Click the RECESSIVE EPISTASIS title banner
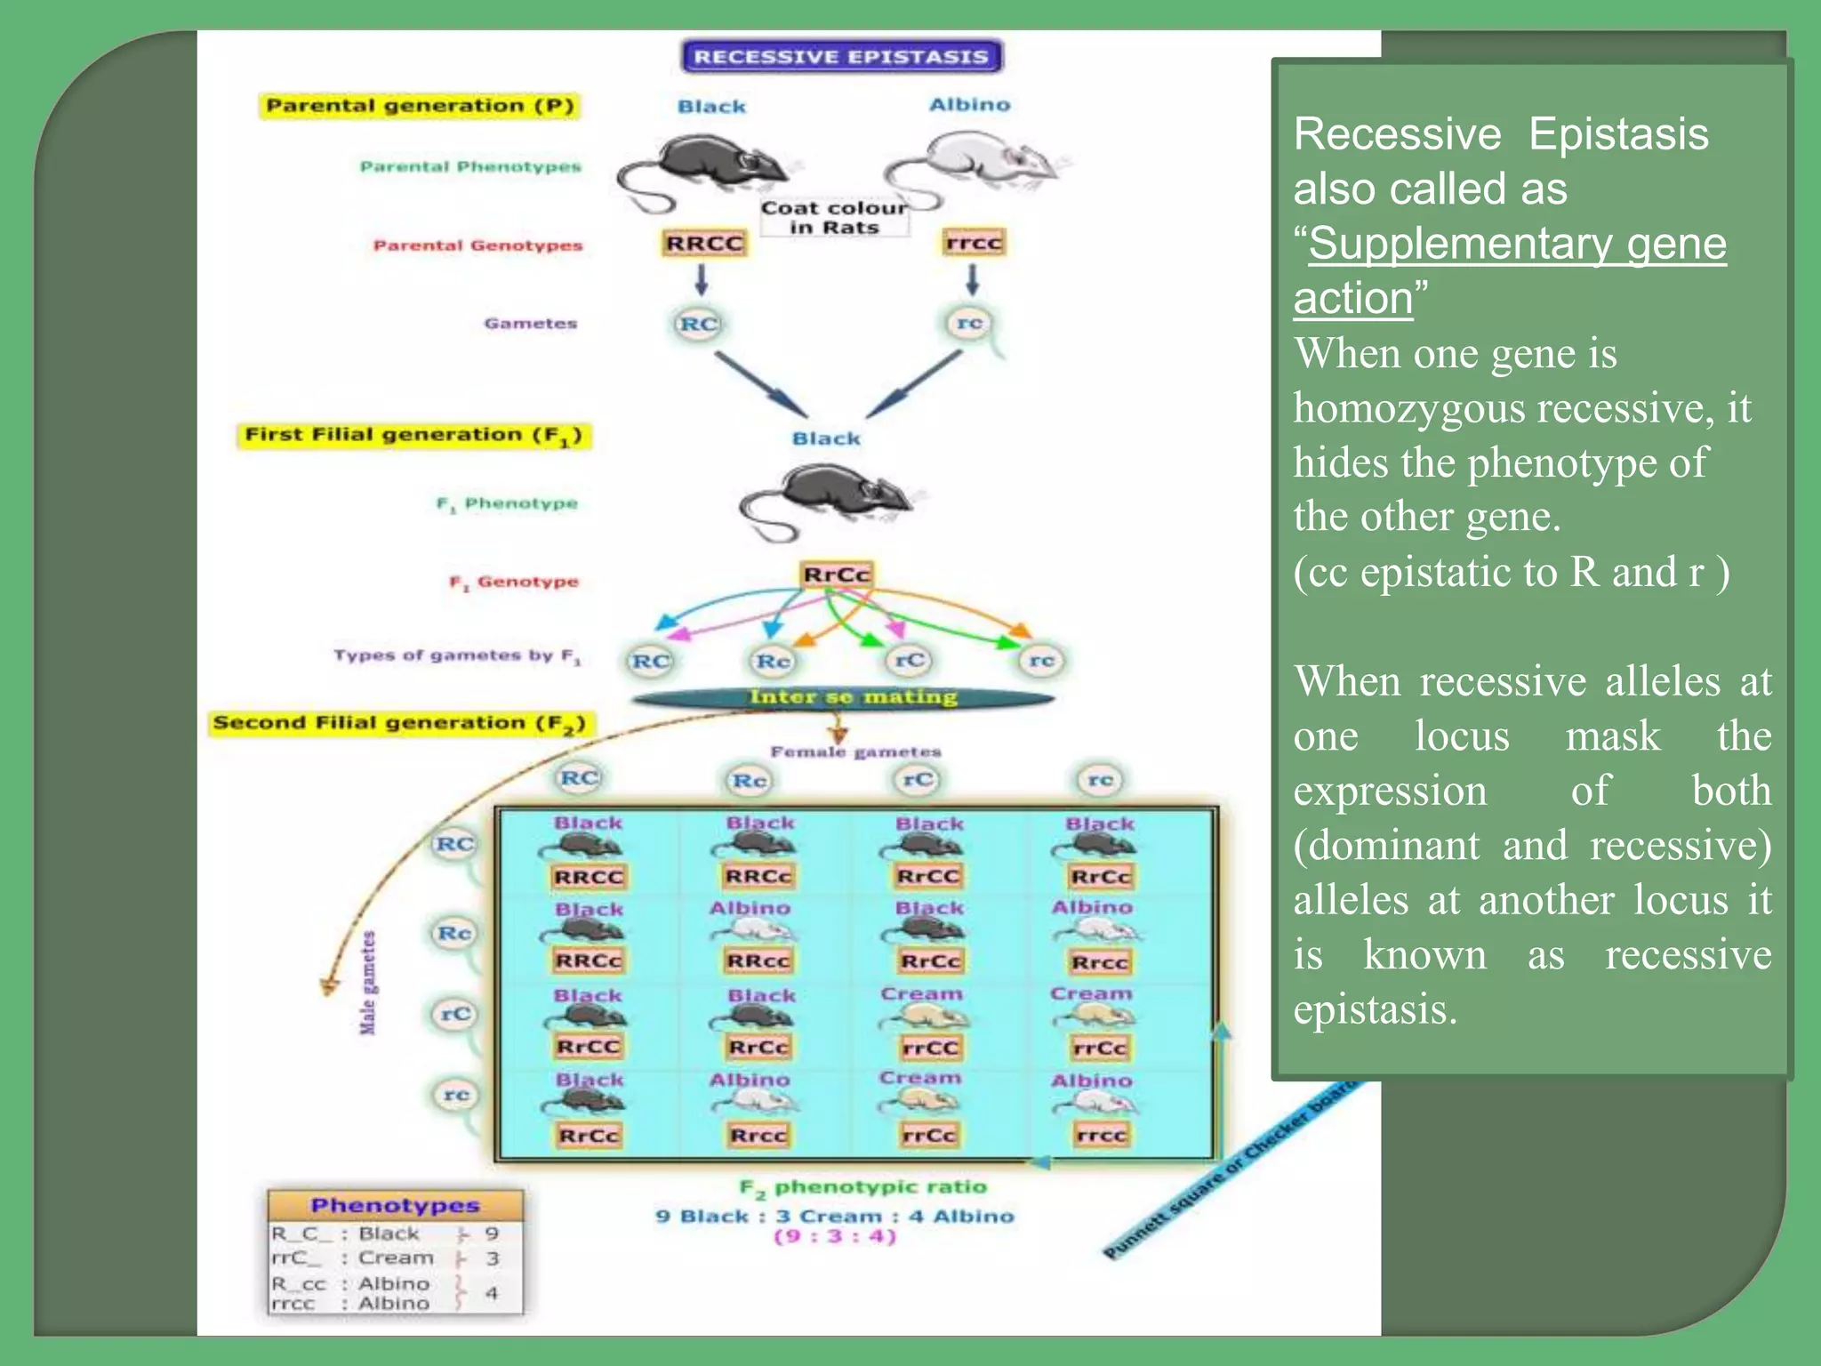pos(841,56)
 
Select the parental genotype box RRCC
pos(704,243)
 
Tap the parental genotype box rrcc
pos(974,242)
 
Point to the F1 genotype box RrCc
pos(836,575)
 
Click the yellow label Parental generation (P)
pos(420,106)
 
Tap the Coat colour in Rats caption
pos(833,217)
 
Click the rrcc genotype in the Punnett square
pos(1101,1135)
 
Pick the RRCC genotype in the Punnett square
pos(589,877)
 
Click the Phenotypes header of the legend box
pos(395,1206)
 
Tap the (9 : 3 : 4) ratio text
pos(835,1237)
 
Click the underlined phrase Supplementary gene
pos(1517,244)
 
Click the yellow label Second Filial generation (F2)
pos(399,723)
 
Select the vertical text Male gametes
pos(368,983)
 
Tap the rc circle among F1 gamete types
pos(1041,661)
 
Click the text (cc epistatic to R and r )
pos(1511,572)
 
